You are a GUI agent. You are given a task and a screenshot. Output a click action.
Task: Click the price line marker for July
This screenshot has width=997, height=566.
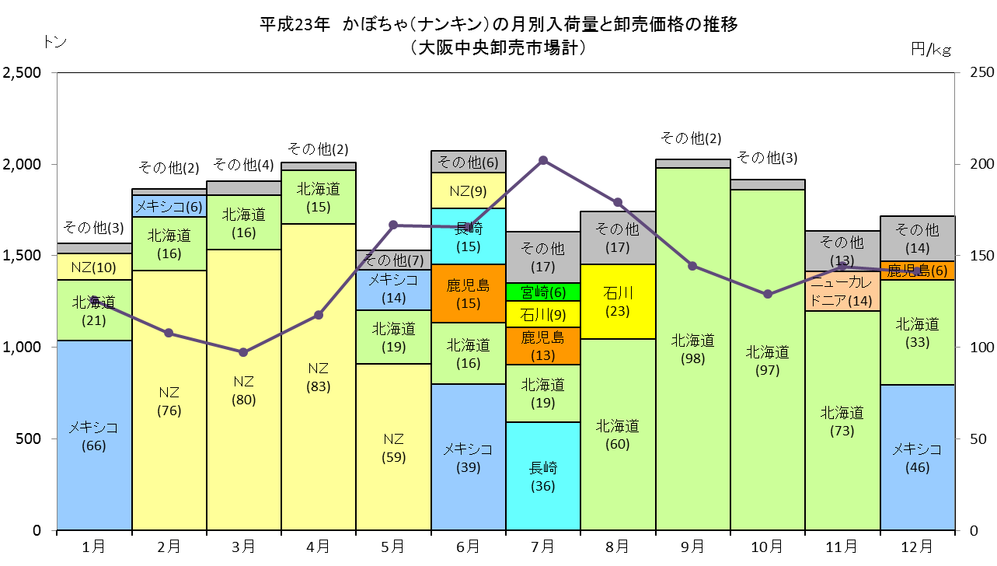(x=543, y=160)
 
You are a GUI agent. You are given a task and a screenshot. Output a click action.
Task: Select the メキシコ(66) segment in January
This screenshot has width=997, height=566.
(x=94, y=435)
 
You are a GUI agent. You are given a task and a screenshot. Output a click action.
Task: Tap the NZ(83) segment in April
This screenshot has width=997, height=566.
(x=319, y=377)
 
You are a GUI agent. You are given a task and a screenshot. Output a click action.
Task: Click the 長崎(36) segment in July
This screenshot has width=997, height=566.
(x=543, y=476)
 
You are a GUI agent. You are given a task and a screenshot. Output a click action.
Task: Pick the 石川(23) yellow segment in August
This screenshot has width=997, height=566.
(x=618, y=302)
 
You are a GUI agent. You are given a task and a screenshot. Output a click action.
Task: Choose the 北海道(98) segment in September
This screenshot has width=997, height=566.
(x=693, y=349)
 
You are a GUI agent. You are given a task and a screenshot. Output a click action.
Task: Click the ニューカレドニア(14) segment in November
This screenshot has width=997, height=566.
(x=842, y=292)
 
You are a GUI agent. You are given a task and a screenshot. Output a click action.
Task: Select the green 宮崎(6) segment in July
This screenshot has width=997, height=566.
(x=543, y=292)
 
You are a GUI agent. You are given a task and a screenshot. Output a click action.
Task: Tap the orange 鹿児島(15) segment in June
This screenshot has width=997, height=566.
(x=469, y=293)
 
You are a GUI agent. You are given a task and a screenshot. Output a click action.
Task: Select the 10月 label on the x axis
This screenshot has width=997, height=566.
(x=767, y=547)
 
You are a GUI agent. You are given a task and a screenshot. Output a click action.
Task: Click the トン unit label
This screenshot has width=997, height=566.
(x=55, y=42)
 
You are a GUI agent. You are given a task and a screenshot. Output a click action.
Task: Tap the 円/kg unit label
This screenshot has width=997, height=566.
(x=931, y=49)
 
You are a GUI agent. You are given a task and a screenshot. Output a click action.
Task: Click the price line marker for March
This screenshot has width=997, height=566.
(x=243, y=353)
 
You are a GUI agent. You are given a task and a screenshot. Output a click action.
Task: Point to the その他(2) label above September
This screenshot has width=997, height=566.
(x=691, y=138)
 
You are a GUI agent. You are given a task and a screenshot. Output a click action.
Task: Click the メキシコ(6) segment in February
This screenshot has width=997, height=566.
(x=169, y=206)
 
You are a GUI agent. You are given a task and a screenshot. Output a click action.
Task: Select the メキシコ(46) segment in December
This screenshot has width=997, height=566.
(x=917, y=458)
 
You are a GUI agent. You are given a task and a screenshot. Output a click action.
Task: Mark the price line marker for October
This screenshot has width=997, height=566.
(x=768, y=295)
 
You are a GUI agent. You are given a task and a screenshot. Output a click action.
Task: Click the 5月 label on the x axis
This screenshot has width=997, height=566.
(x=393, y=547)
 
